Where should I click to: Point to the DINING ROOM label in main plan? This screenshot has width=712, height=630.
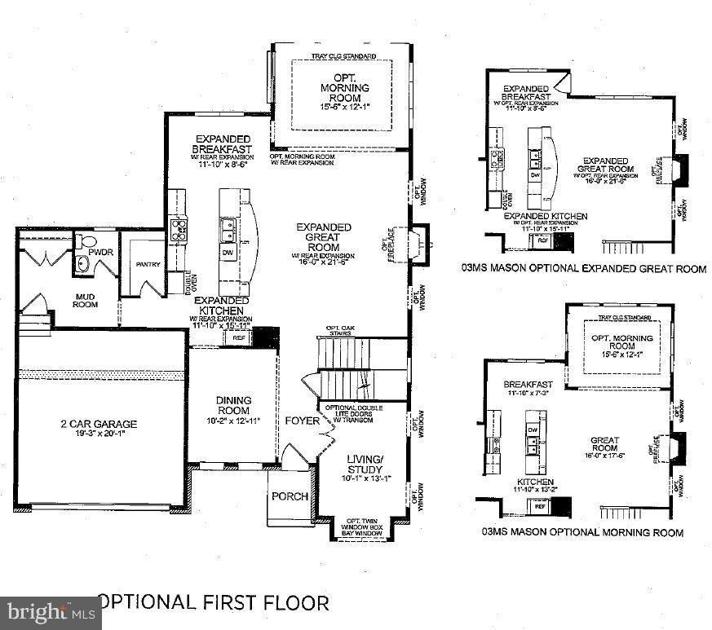[233, 405]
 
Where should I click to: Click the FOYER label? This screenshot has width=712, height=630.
[301, 421]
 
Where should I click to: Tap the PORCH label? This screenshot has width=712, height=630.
[290, 496]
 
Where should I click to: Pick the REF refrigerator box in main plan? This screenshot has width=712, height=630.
[239, 337]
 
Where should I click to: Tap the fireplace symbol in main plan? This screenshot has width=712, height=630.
[418, 244]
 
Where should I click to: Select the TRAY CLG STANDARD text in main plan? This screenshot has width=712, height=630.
[343, 56]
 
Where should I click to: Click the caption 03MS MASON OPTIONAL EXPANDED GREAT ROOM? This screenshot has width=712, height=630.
[583, 268]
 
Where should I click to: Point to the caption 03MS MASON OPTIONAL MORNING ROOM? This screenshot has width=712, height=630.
[582, 532]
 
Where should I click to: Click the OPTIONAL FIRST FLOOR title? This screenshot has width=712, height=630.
[213, 602]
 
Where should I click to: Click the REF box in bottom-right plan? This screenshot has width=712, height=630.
[540, 506]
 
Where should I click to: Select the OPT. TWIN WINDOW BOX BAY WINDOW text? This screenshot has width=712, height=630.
[365, 525]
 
